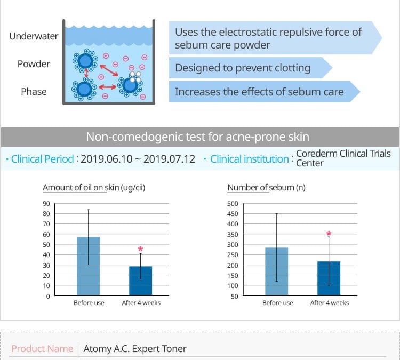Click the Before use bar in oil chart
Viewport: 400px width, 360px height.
pos(88,266)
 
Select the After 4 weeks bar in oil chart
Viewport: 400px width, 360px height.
pos(141,281)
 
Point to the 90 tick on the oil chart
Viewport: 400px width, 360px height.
pos(46,204)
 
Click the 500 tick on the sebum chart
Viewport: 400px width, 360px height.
pos(233,204)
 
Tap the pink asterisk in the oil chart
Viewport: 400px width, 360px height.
pos(140,249)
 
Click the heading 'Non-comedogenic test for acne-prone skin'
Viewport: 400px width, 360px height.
pos(197,137)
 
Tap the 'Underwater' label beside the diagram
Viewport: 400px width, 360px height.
pos(34,36)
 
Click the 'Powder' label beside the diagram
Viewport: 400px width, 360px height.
pos(34,64)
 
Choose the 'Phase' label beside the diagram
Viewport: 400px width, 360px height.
pos(34,92)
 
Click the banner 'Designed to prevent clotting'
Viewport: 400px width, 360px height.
pos(243,68)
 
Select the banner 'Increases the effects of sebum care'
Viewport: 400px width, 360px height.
pos(259,92)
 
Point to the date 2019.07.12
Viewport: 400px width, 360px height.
pos(169,159)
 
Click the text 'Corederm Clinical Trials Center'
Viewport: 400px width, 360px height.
pos(343,158)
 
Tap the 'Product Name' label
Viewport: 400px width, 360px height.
pos(42,349)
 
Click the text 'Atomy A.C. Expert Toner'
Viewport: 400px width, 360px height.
pos(135,349)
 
